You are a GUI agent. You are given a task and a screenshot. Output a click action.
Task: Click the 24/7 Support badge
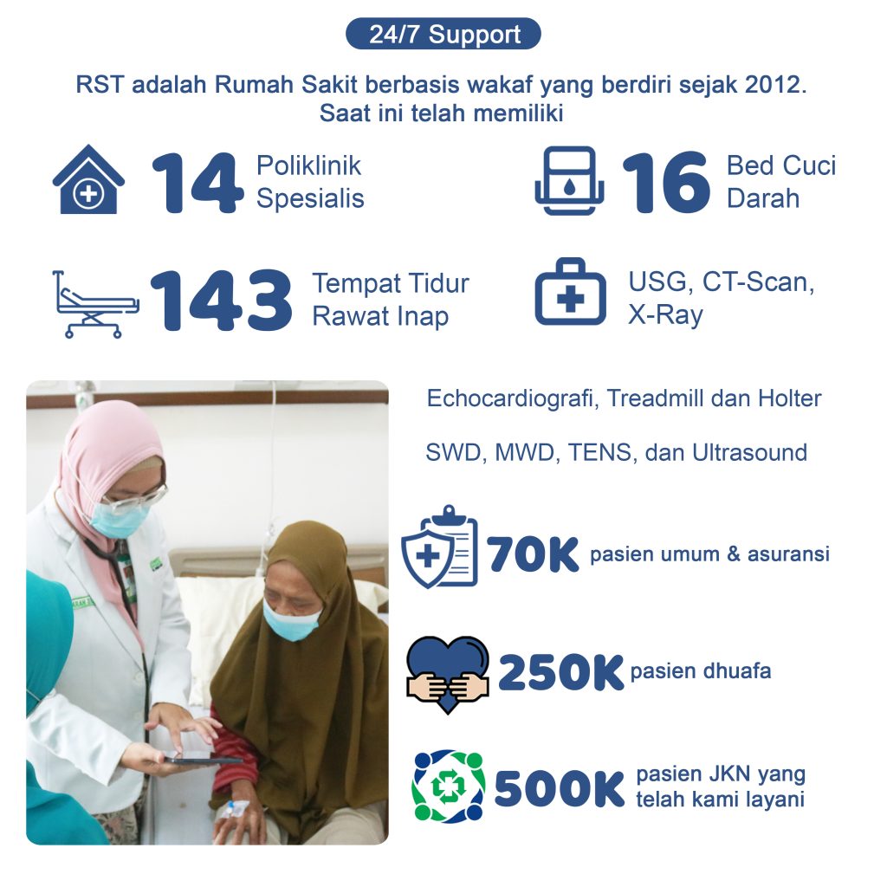point(443,34)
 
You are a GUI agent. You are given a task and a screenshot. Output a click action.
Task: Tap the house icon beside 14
point(88,179)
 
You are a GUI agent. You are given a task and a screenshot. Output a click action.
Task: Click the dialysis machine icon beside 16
point(569,180)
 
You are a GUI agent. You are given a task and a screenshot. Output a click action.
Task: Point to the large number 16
point(666,182)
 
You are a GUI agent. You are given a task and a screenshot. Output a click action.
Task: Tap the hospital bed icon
point(95,304)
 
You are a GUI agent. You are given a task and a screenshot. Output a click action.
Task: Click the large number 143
point(221,300)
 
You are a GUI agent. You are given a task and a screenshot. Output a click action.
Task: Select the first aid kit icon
point(570,292)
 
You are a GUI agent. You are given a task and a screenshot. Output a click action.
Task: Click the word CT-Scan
point(757,282)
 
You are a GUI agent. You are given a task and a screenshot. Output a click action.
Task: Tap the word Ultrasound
point(749,452)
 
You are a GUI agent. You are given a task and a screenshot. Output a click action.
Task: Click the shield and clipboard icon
point(439,547)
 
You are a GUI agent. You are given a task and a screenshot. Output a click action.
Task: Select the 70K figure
point(533,554)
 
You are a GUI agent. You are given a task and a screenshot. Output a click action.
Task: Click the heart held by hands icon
point(448,674)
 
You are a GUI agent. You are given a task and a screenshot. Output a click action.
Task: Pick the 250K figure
point(560,672)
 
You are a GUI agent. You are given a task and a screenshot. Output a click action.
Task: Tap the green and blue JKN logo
point(449,787)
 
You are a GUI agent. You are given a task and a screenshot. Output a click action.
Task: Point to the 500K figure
point(559,789)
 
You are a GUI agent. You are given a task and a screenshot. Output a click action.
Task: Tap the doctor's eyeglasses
point(136,499)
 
